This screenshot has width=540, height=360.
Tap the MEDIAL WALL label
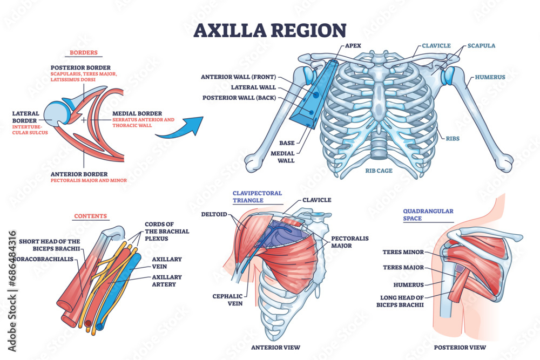click(283, 156)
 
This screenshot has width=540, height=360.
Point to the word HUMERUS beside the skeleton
click(490, 77)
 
